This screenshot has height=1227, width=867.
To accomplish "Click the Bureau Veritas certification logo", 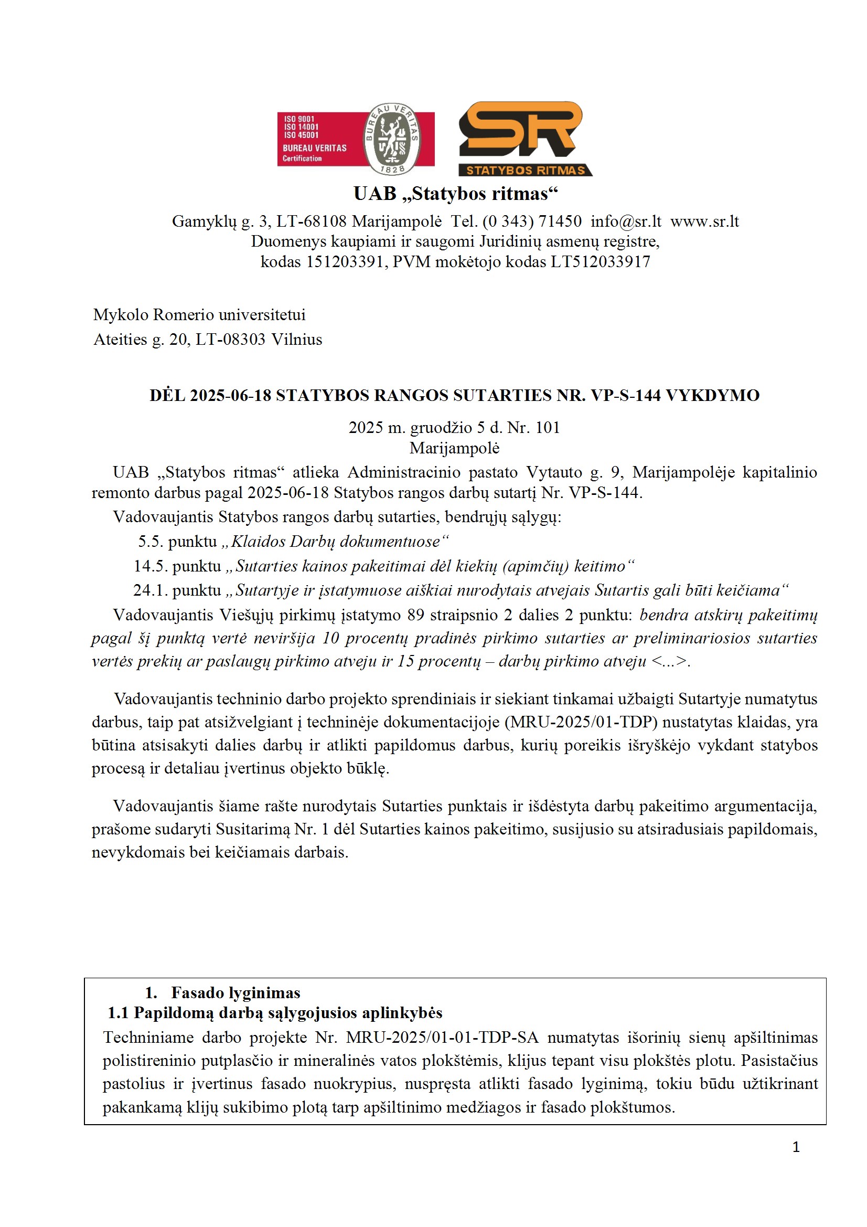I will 355,139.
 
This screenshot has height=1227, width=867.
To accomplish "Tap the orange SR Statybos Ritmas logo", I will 525,139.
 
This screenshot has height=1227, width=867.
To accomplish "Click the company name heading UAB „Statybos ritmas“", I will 455,194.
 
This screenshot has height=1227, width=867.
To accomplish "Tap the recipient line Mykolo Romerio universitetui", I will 199,315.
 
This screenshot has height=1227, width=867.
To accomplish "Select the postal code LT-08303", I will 230,340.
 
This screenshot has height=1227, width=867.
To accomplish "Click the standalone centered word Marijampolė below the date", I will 455,448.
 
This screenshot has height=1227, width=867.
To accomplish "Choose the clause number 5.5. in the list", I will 150,542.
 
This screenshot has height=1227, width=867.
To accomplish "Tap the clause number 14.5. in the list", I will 149,566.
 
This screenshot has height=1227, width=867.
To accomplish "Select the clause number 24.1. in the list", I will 149,590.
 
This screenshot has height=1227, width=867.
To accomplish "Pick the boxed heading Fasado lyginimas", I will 236,993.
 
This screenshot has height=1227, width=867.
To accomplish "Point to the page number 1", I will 796,1147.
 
